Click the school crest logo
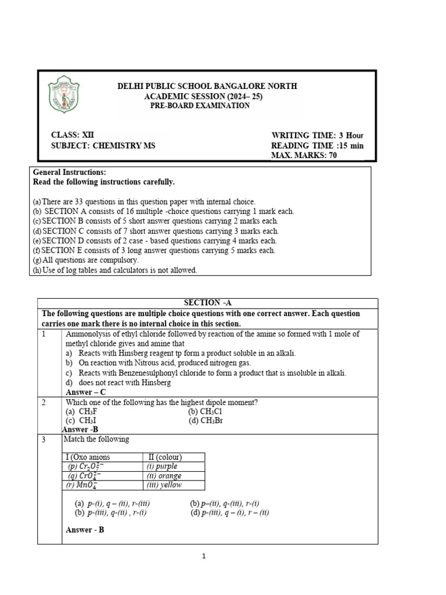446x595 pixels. (x=64, y=96)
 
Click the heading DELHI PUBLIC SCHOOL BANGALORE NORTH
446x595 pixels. (x=207, y=86)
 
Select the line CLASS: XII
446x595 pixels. (x=73, y=135)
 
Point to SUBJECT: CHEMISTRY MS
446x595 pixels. (x=103, y=145)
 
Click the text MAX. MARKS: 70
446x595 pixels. (x=304, y=155)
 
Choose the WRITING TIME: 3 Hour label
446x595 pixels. (x=316, y=135)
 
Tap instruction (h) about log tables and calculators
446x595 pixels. (x=115, y=270)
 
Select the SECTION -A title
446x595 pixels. (x=207, y=303)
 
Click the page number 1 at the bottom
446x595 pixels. (x=204, y=557)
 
